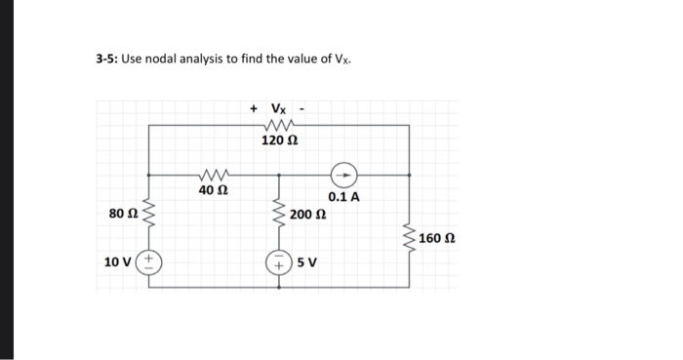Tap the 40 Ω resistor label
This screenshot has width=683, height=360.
[x=213, y=190]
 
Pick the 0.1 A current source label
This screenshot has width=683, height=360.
[x=343, y=197]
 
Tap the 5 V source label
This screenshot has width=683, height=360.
[x=306, y=261]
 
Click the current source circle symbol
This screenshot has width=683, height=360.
[x=342, y=176]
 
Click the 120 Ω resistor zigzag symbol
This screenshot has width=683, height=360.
[x=279, y=125]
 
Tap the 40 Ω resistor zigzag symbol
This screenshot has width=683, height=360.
[x=213, y=175]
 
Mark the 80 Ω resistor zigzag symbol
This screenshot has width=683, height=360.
[x=151, y=214]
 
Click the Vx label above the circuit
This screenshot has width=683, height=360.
[x=279, y=107]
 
